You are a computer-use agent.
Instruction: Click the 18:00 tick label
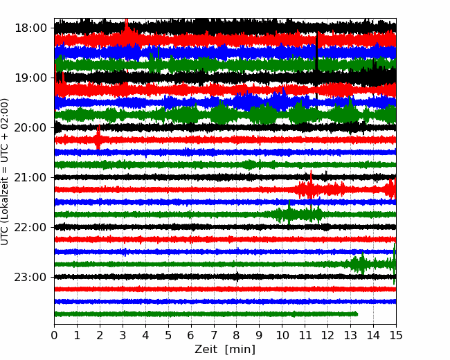tap(30, 28)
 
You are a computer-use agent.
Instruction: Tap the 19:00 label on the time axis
tap(30, 78)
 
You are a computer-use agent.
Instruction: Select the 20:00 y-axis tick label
tap(30, 128)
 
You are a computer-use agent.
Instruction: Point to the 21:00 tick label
tap(30, 177)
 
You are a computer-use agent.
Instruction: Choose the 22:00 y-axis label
tap(30, 227)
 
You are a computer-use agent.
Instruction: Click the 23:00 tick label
tap(30, 278)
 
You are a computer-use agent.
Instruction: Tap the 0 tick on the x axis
tap(54, 335)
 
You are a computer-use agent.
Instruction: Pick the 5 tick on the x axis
tap(168, 335)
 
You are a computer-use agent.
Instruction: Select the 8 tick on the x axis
tap(237, 335)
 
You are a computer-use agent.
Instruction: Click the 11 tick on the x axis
tap(305, 335)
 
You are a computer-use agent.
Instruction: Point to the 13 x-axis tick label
tap(350, 335)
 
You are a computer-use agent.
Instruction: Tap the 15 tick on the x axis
tap(396, 335)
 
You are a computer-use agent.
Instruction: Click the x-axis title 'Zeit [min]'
tap(225, 350)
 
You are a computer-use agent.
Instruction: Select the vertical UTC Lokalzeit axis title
tap(4, 172)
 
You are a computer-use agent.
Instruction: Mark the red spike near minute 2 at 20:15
tap(98, 137)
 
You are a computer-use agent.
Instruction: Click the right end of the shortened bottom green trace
tap(357, 314)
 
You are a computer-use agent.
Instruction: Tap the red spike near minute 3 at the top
tap(126, 32)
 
